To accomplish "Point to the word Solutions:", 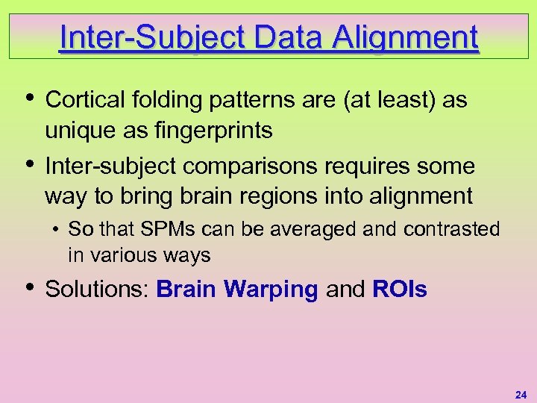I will pyautogui.click(x=98, y=290).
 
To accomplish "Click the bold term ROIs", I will pyautogui.click(x=399, y=290).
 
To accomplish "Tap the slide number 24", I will pyautogui.click(x=520, y=393).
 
